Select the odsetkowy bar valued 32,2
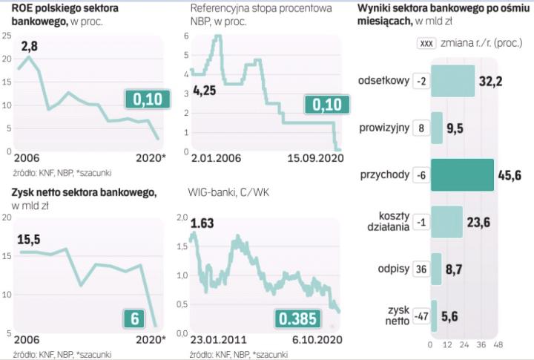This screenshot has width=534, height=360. [452, 81]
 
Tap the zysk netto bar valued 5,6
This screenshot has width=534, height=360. [434, 315]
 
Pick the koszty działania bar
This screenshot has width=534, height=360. [446, 221]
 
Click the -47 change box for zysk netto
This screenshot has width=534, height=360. [420, 315]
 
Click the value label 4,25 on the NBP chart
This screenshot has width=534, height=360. [205, 92]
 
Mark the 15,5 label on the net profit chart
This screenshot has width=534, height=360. [30, 238]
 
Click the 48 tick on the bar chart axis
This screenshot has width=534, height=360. [498, 345]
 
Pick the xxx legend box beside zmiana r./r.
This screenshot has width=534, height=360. [426, 43]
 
